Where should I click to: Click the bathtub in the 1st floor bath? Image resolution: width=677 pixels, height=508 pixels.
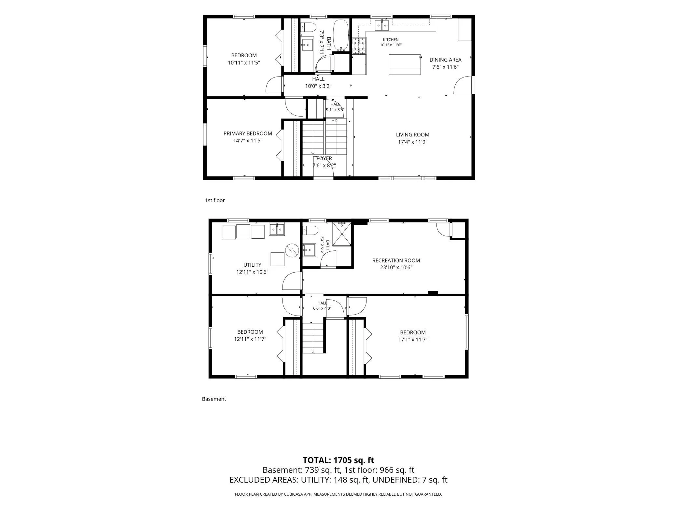(341, 35)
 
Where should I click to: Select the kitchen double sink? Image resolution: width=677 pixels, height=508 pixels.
(382, 25)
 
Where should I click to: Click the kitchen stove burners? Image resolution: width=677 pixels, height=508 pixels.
(359, 46)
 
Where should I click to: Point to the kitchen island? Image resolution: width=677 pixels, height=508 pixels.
(405, 64)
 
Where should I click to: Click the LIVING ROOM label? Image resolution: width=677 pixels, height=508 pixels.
(412, 134)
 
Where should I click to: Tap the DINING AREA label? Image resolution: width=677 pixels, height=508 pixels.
(445, 60)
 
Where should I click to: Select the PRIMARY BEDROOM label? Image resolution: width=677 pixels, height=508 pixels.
(248, 134)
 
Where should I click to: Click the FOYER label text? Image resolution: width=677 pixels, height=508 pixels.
(324, 159)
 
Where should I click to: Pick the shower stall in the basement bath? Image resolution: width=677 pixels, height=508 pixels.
(342, 234)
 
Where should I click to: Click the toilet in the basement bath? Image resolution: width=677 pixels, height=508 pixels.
(310, 231)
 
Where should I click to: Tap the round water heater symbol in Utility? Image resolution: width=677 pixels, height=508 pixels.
(292, 250)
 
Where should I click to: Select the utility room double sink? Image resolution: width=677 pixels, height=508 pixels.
(277, 229)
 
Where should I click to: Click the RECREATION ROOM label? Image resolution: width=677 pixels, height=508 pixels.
(396, 261)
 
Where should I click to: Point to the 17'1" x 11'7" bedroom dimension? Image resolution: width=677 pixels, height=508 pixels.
(413, 340)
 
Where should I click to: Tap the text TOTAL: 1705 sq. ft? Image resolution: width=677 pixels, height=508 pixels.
(338, 460)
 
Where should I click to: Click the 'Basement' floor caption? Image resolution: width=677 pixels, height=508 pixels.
(214, 399)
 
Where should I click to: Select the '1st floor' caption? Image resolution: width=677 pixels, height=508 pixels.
(215, 200)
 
